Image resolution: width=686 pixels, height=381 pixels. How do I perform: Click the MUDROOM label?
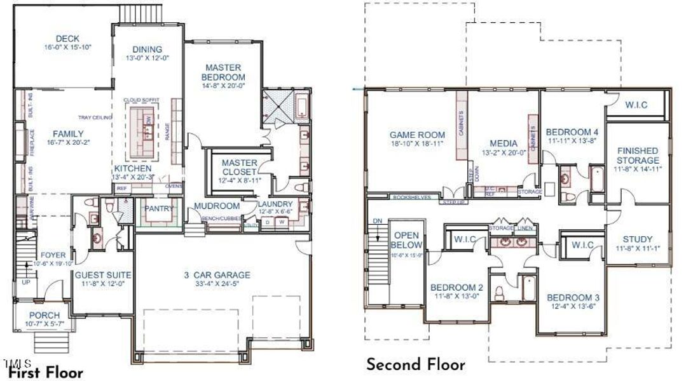click(x=217, y=206)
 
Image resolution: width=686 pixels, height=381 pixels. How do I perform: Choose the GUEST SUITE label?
click(x=103, y=275)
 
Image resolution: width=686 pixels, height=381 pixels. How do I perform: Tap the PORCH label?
click(x=45, y=315)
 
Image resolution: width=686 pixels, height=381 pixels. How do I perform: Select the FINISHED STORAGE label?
click(x=638, y=156)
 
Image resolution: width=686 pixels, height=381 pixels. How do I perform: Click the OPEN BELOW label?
click(x=406, y=239)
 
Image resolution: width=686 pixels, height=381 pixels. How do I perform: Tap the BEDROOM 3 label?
click(x=570, y=298)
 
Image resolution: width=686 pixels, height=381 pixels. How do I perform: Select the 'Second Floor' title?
click(x=415, y=364)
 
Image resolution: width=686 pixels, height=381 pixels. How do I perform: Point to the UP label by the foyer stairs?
click(x=25, y=281)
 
